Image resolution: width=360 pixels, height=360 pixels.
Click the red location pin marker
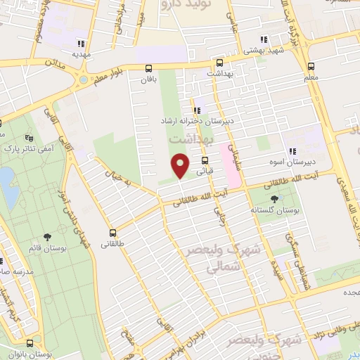[181, 167]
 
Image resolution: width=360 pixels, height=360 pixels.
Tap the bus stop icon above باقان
[148, 69]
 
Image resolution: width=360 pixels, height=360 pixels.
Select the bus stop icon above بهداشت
[219, 62]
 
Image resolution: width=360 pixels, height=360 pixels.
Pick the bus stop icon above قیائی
[205, 160]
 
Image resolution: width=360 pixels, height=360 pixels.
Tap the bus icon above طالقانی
[112, 233]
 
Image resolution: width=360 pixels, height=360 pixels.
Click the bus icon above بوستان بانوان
[30, 343]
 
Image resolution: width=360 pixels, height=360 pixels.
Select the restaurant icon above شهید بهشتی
[263, 40]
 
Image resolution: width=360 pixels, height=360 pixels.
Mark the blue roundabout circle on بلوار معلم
[84, 79]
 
